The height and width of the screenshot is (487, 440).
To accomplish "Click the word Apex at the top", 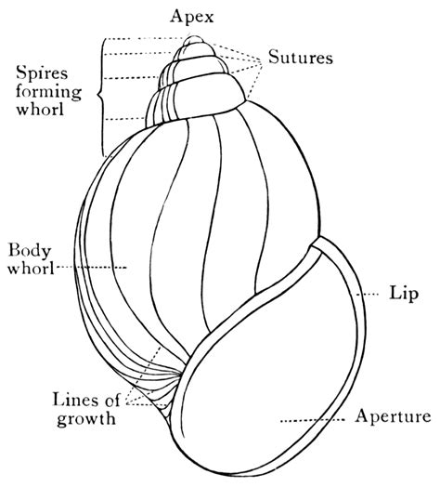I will pos(193,16).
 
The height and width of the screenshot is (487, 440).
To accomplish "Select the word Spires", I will pos(41,72).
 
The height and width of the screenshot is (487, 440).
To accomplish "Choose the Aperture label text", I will pos(393,416).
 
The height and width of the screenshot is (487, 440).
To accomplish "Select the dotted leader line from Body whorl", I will pos(93,269).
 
